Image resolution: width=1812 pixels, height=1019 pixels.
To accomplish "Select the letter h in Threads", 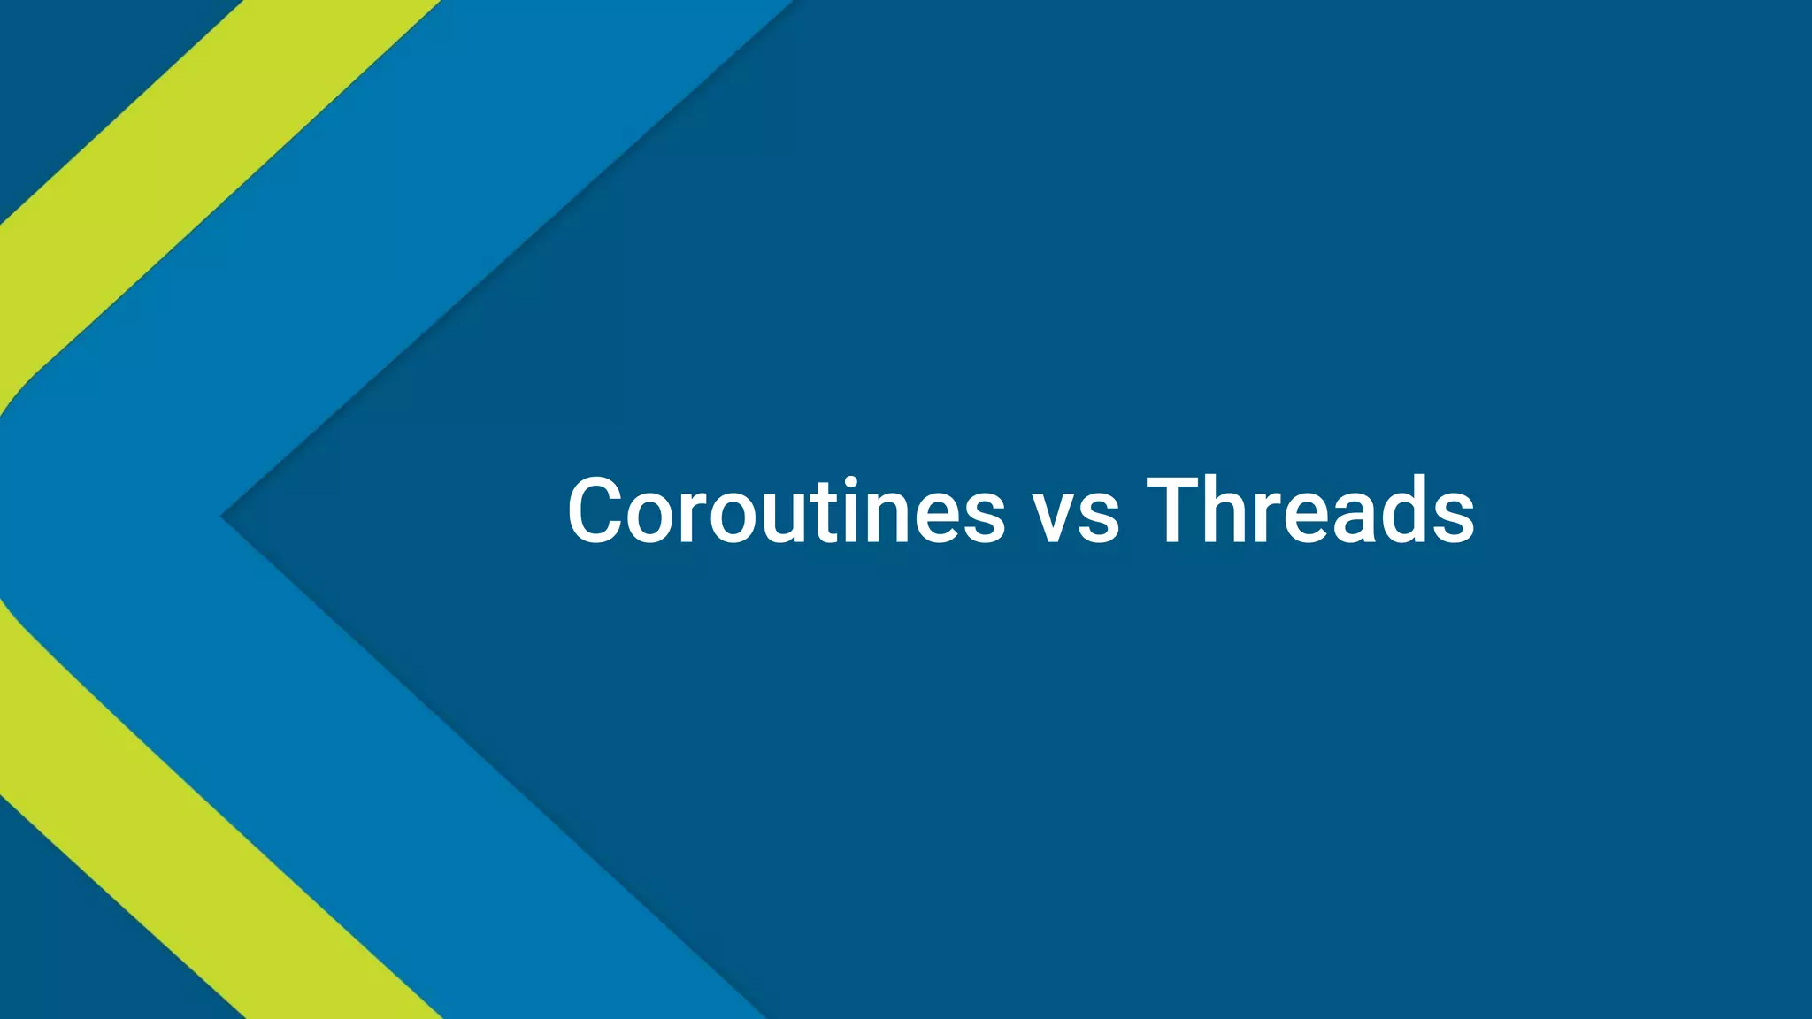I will (1235, 511).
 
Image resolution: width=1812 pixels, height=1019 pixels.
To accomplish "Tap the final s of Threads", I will (1451, 522).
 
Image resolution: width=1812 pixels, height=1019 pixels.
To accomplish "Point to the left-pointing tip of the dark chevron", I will (226, 517).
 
